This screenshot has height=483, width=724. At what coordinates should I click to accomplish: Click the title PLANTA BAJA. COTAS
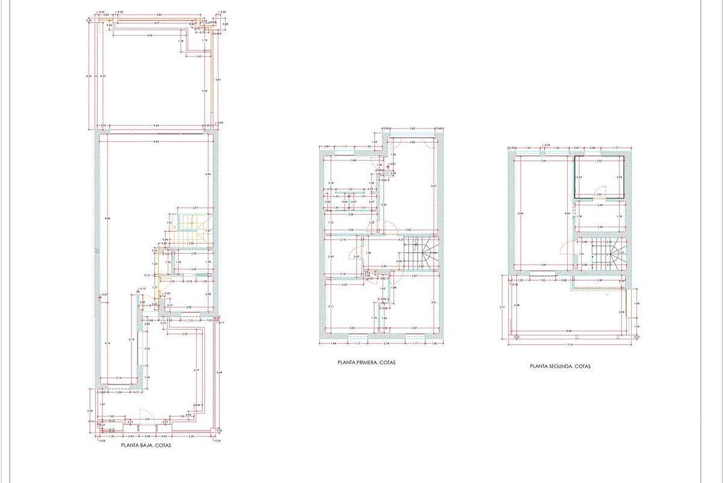pyautogui.click(x=146, y=446)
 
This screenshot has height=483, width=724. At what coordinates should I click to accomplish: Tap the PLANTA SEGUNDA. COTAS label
pyautogui.click(x=560, y=366)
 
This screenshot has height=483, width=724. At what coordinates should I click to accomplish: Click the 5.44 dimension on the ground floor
pyautogui.click(x=156, y=126)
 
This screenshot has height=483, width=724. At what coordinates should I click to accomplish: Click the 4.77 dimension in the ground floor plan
pyautogui.click(x=196, y=370)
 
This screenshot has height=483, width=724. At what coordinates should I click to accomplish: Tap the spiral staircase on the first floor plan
pyautogui.click(x=420, y=252)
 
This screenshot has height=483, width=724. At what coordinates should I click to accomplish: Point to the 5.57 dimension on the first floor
pyautogui.click(x=433, y=186)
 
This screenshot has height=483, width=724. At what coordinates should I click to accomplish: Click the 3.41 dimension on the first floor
pyautogui.click(x=433, y=302)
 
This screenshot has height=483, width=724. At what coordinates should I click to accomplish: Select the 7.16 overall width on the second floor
pyautogui.click(x=569, y=345)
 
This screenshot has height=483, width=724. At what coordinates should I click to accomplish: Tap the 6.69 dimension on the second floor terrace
pyautogui.click(x=569, y=331)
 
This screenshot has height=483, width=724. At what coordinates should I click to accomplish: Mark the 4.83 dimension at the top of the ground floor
pyautogui.click(x=159, y=13)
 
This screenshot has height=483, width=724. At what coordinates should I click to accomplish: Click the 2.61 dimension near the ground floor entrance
pyautogui.click(x=147, y=418)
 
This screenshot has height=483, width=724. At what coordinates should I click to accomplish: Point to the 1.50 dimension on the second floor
pyautogui.click(x=542, y=280)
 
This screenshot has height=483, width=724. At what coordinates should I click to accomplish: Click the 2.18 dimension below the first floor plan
pyautogui.click(x=386, y=344)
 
